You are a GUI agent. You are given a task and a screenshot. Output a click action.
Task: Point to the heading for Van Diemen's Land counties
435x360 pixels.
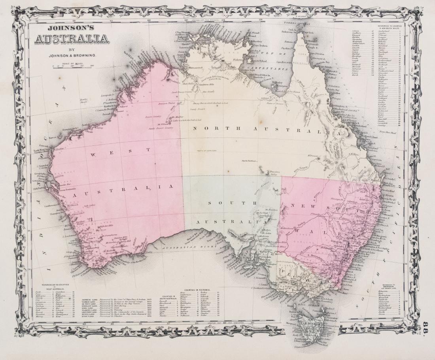pos(393,286)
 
